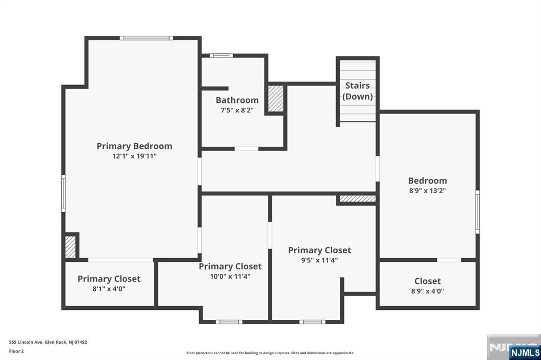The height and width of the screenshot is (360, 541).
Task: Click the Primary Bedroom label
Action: click(134, 146)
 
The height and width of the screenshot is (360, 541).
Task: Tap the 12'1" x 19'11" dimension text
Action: click(134, 156)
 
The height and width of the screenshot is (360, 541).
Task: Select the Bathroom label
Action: click(237, 100)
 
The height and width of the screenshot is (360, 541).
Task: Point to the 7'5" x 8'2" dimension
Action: click(237, 110)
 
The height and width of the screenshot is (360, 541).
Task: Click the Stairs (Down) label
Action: click(358, 91)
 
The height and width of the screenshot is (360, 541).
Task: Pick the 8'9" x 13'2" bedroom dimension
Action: click(427, 191)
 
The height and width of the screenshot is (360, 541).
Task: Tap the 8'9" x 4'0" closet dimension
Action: click(427, 291)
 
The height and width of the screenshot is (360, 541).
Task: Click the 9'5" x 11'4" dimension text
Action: click(319, 260)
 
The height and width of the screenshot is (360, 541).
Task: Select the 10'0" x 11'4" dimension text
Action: click(230, 276)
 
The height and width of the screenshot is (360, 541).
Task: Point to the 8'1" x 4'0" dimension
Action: click(109, 289)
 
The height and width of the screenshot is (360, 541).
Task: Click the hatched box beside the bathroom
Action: click(276, 99)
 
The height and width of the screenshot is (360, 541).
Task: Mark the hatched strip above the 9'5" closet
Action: click(357, 199)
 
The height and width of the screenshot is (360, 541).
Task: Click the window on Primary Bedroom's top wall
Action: click(146, 38)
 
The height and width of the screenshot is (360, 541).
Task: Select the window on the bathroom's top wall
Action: click(220, 55)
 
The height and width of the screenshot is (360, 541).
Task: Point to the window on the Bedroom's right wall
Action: click(478, 212)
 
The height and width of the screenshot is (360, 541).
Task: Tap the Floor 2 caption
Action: click(16, 350)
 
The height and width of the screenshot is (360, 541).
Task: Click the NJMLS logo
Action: click(525, 352)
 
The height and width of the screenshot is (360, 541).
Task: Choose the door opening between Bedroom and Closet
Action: click(449, 260)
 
